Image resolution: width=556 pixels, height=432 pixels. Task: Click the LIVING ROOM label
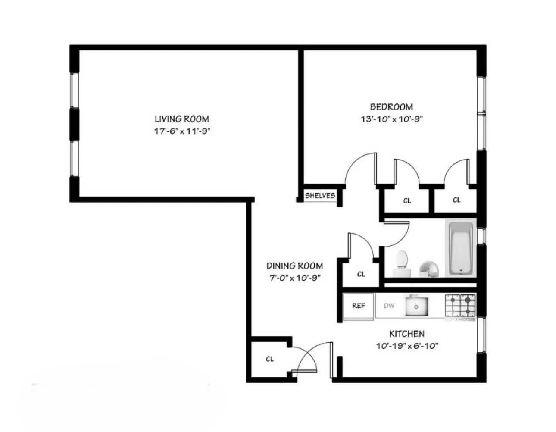point(182,119)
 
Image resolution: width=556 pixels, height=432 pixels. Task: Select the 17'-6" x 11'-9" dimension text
point(182,131)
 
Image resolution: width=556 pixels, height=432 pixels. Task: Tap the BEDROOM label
point(391,107)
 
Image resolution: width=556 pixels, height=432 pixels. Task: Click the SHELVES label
point(320,196)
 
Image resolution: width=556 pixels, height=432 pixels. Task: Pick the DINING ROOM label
point(294,266)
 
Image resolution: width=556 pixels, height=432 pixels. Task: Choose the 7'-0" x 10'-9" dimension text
point(294,278)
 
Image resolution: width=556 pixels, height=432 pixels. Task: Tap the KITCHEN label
point(406,334)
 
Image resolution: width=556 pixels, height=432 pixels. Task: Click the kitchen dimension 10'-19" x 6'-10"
point(406,346)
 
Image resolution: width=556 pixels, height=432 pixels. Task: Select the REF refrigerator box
point(359,306)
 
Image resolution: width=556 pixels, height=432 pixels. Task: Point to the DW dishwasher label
point(389,306)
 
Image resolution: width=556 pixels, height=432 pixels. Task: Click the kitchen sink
point(416,306)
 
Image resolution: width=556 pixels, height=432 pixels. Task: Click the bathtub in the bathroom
point(461,247)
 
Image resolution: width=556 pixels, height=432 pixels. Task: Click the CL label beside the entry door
point(270,359)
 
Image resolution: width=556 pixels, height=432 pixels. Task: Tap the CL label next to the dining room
point(361,274)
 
